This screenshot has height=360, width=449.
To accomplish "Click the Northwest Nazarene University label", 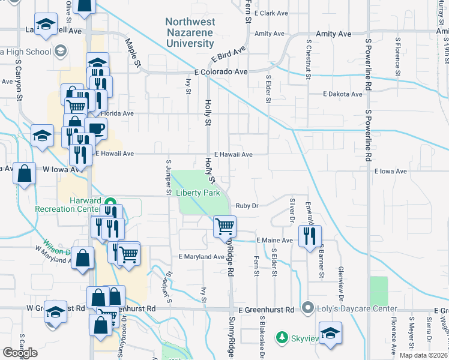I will coord(190,32).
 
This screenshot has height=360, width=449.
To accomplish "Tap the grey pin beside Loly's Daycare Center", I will coord(309,308).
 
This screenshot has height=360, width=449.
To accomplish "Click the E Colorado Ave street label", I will coord(221,71).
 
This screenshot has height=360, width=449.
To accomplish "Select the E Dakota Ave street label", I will coord(342,94).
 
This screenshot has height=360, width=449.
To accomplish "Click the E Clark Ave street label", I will coord(272,13).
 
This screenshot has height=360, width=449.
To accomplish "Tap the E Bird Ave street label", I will coord(229,57).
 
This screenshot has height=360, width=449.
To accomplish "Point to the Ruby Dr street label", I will coord(246,206).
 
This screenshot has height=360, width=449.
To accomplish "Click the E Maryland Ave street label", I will coord(201,257).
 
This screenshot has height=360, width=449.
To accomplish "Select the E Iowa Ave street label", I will coord(390,171).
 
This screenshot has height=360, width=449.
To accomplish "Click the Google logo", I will coord(20,353).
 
